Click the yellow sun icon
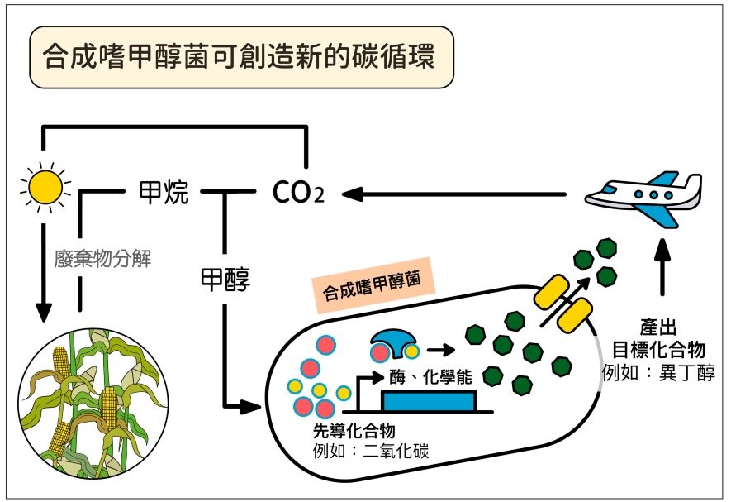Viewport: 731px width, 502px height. pyautogui.click(x=45, y=187)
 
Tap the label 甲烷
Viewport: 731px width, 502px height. pyautogui.click(x=164, y=192)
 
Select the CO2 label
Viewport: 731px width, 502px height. pyautogui.click(x=298, y=192)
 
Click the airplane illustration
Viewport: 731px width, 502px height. pyautogui.click(x=643, y=197)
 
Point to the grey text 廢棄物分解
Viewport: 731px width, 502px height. pyautogui.click(x=102, y=258)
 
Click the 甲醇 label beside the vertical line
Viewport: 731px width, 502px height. pyautogui.click(x=225, y=279)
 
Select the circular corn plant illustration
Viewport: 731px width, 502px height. pyautogui.click(x=93, y=404)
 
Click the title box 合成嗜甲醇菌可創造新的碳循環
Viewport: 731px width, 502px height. pyautogui.click(x=241, y=57)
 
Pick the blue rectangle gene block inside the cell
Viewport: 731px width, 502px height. pyautogui.click(x=429, y=401)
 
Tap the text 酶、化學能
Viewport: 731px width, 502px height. pyautogui.click(x=430, y=377)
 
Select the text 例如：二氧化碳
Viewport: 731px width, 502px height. pyautogui.click(x=371, y=451)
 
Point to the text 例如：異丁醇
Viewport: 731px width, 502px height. pyautogui.click(x=658, y=373)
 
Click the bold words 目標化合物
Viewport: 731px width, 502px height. pyautogui.click(x=658, y=349)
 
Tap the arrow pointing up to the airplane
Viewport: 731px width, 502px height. pyautogui.click(x=662, y=267)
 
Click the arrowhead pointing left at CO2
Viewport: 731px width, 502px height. pyautogui.click(x=353, y=194)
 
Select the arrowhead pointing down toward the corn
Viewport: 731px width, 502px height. pyautogui.click(x=43, y=312)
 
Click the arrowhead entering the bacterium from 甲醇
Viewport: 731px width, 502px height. pyautogui.click(x=249, y=406)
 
